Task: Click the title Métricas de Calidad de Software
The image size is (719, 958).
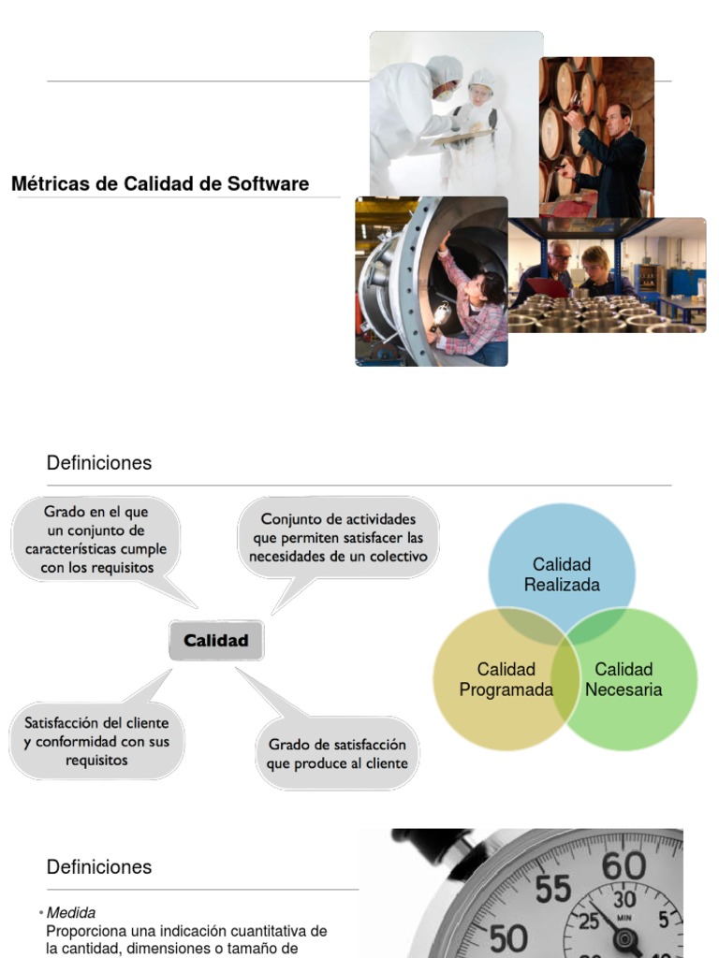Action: tap(160, 183)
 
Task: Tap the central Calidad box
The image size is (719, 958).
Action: tap(216, 641)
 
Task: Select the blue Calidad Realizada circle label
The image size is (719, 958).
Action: tap(562, 574)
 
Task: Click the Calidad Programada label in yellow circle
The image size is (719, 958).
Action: tap(506, 679)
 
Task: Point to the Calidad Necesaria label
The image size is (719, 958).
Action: tap(624, 679)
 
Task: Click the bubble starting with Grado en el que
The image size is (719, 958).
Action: tap(96, 540)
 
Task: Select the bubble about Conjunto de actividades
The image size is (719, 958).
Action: tap(338, 538)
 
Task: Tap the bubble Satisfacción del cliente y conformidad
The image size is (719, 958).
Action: tap(96, 741)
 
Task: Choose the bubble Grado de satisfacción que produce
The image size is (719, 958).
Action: tap(337, 754)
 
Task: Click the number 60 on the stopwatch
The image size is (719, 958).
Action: tap(624, 867)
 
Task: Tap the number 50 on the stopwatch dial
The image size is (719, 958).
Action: tap(508, 938)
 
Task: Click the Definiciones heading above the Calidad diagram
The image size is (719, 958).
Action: tap(99, 463)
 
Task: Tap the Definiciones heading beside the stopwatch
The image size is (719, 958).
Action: tap(99, 867)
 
